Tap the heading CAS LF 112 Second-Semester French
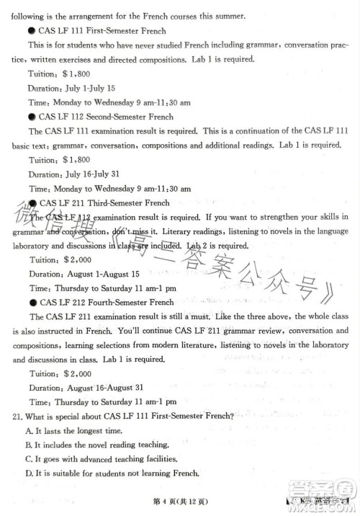pos(106,117)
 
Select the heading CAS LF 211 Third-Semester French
pos(105,203)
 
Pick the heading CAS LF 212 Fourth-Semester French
pos(107,303)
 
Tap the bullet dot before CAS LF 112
pos(32,117)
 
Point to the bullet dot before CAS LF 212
pos(33,303)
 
